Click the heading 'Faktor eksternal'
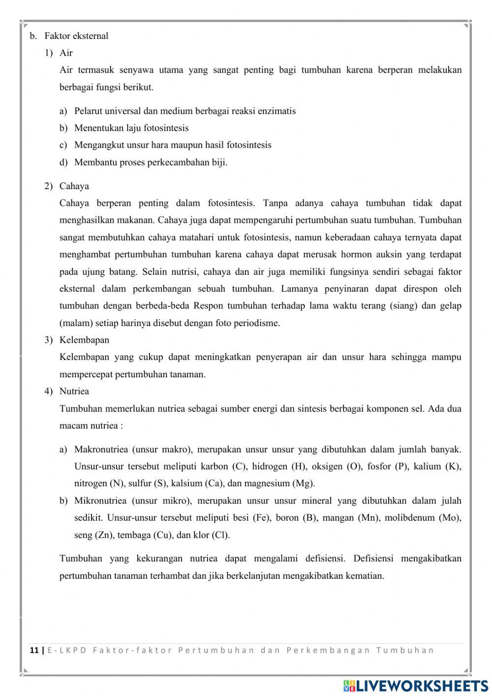[x=76, y=36]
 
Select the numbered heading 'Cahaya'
[x=74, y=186]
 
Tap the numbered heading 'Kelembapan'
[x=84, y=340]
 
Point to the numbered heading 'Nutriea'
[x=74, y=391]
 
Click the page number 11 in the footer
[x=34, y=650]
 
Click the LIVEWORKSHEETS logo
[x=416, y=686]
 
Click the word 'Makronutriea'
[x=101, y=449]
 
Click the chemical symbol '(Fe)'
[x=261, y=518]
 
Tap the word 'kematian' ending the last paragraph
[x=367, y=576]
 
